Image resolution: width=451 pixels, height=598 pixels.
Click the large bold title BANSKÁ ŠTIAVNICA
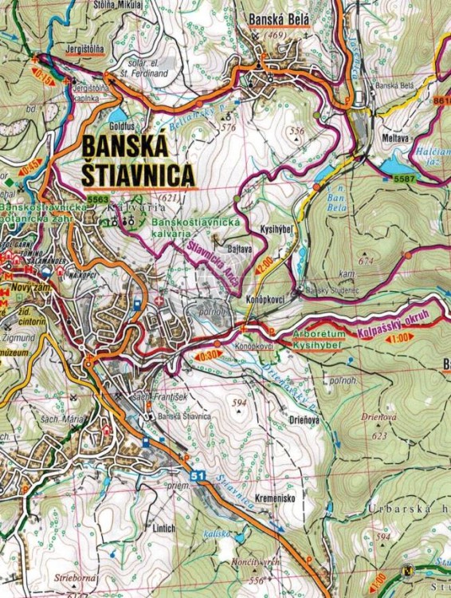[137, 160]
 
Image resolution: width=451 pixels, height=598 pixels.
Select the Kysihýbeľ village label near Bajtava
[275, 230]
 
